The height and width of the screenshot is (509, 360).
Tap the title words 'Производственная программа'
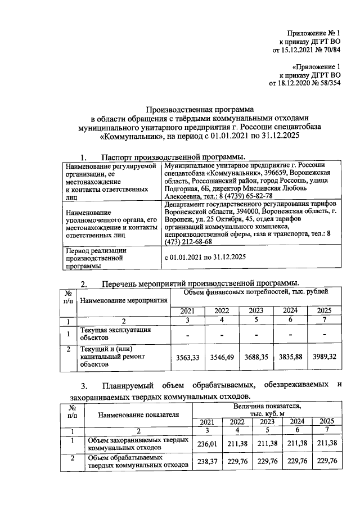200,108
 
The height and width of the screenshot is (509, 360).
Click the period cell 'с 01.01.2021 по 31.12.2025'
205,257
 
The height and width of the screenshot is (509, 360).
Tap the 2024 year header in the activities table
290,310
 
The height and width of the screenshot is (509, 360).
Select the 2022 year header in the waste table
237,422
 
